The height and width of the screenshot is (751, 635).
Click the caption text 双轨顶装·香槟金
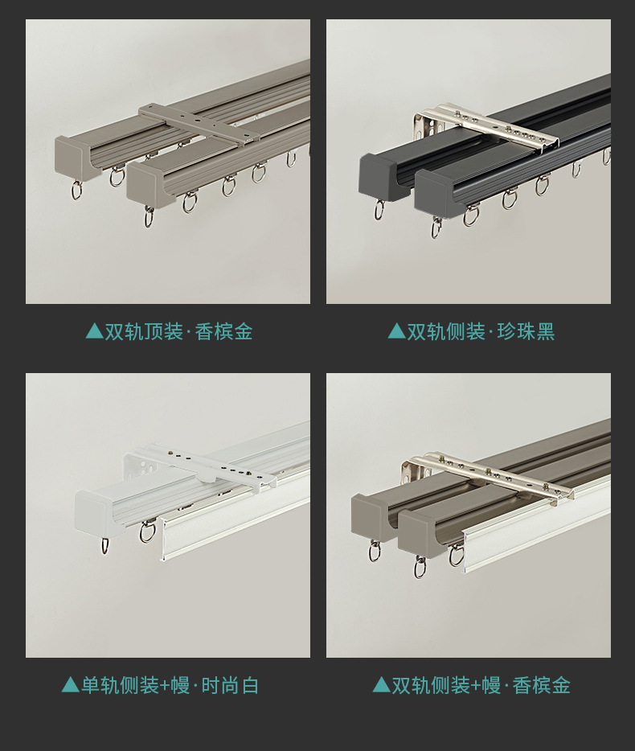[x=178, y=331]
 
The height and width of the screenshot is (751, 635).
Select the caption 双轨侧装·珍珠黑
[x=481, y=331]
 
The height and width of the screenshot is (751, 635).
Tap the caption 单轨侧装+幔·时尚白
[x=170, y=685]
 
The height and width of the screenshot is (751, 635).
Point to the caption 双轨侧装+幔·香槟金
[x=481, y=685]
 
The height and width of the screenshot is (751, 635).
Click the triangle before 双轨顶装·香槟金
[x=94, y=331]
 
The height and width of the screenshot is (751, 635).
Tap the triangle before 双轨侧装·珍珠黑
[x=396, y=331]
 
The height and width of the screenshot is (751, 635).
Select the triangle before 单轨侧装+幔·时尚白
[x=71, y=685]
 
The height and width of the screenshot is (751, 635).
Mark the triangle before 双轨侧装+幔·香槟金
[x=381, y=685]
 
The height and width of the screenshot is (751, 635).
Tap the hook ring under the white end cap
[x=105, y=546]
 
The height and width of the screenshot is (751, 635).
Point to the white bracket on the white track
[x=201, y=470]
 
